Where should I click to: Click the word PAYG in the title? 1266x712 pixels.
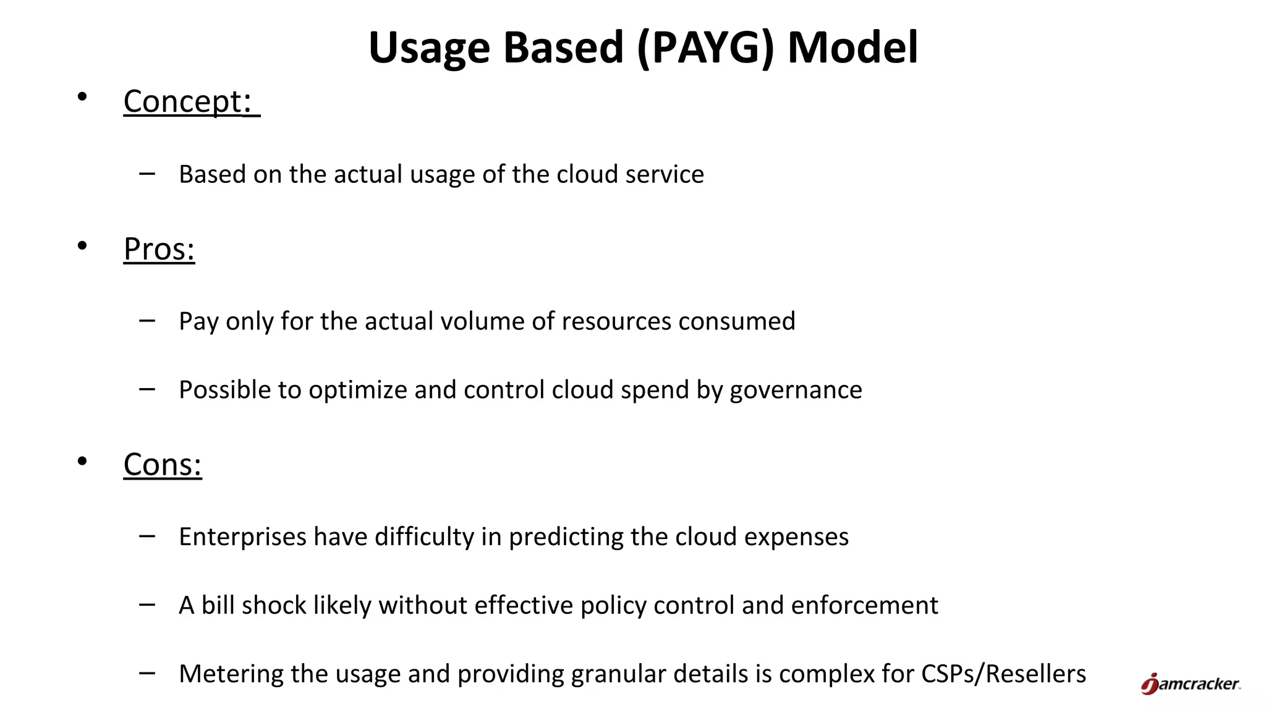705,48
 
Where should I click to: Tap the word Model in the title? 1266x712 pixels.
852,48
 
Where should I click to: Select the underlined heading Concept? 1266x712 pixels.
188,101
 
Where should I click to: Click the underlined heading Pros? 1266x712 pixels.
159,249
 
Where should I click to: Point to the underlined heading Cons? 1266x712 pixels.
163,464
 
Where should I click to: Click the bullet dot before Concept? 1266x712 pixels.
82,97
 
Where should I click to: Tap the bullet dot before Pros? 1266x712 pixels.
82,246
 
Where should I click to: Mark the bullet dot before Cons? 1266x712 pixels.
82,461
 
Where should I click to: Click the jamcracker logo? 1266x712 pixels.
1190,684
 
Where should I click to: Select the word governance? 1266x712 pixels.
796,391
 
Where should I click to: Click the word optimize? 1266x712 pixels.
357,391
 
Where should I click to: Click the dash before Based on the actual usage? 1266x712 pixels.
147,174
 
